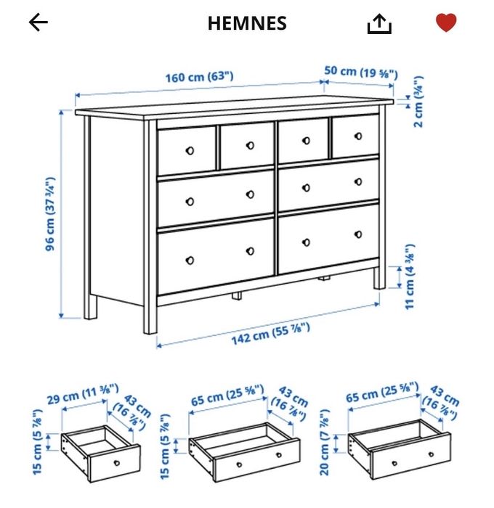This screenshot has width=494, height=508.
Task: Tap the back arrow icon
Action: click(x=38, y=23)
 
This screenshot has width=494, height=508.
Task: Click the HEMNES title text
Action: click(x=247, y=23)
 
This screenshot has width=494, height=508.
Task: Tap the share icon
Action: click(x=379, y=24)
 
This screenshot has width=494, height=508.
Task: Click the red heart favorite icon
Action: click(x=446, y=23)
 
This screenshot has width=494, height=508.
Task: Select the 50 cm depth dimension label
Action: click(x=360, y=72)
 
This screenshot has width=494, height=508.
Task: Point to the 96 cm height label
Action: click(x=50, y=213)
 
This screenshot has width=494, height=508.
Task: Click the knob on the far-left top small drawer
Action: click(x=190, y=150)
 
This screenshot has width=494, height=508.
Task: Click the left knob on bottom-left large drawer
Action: click(x=190, y=259)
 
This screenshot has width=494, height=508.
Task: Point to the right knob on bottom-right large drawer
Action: click(x=357, y=234)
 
